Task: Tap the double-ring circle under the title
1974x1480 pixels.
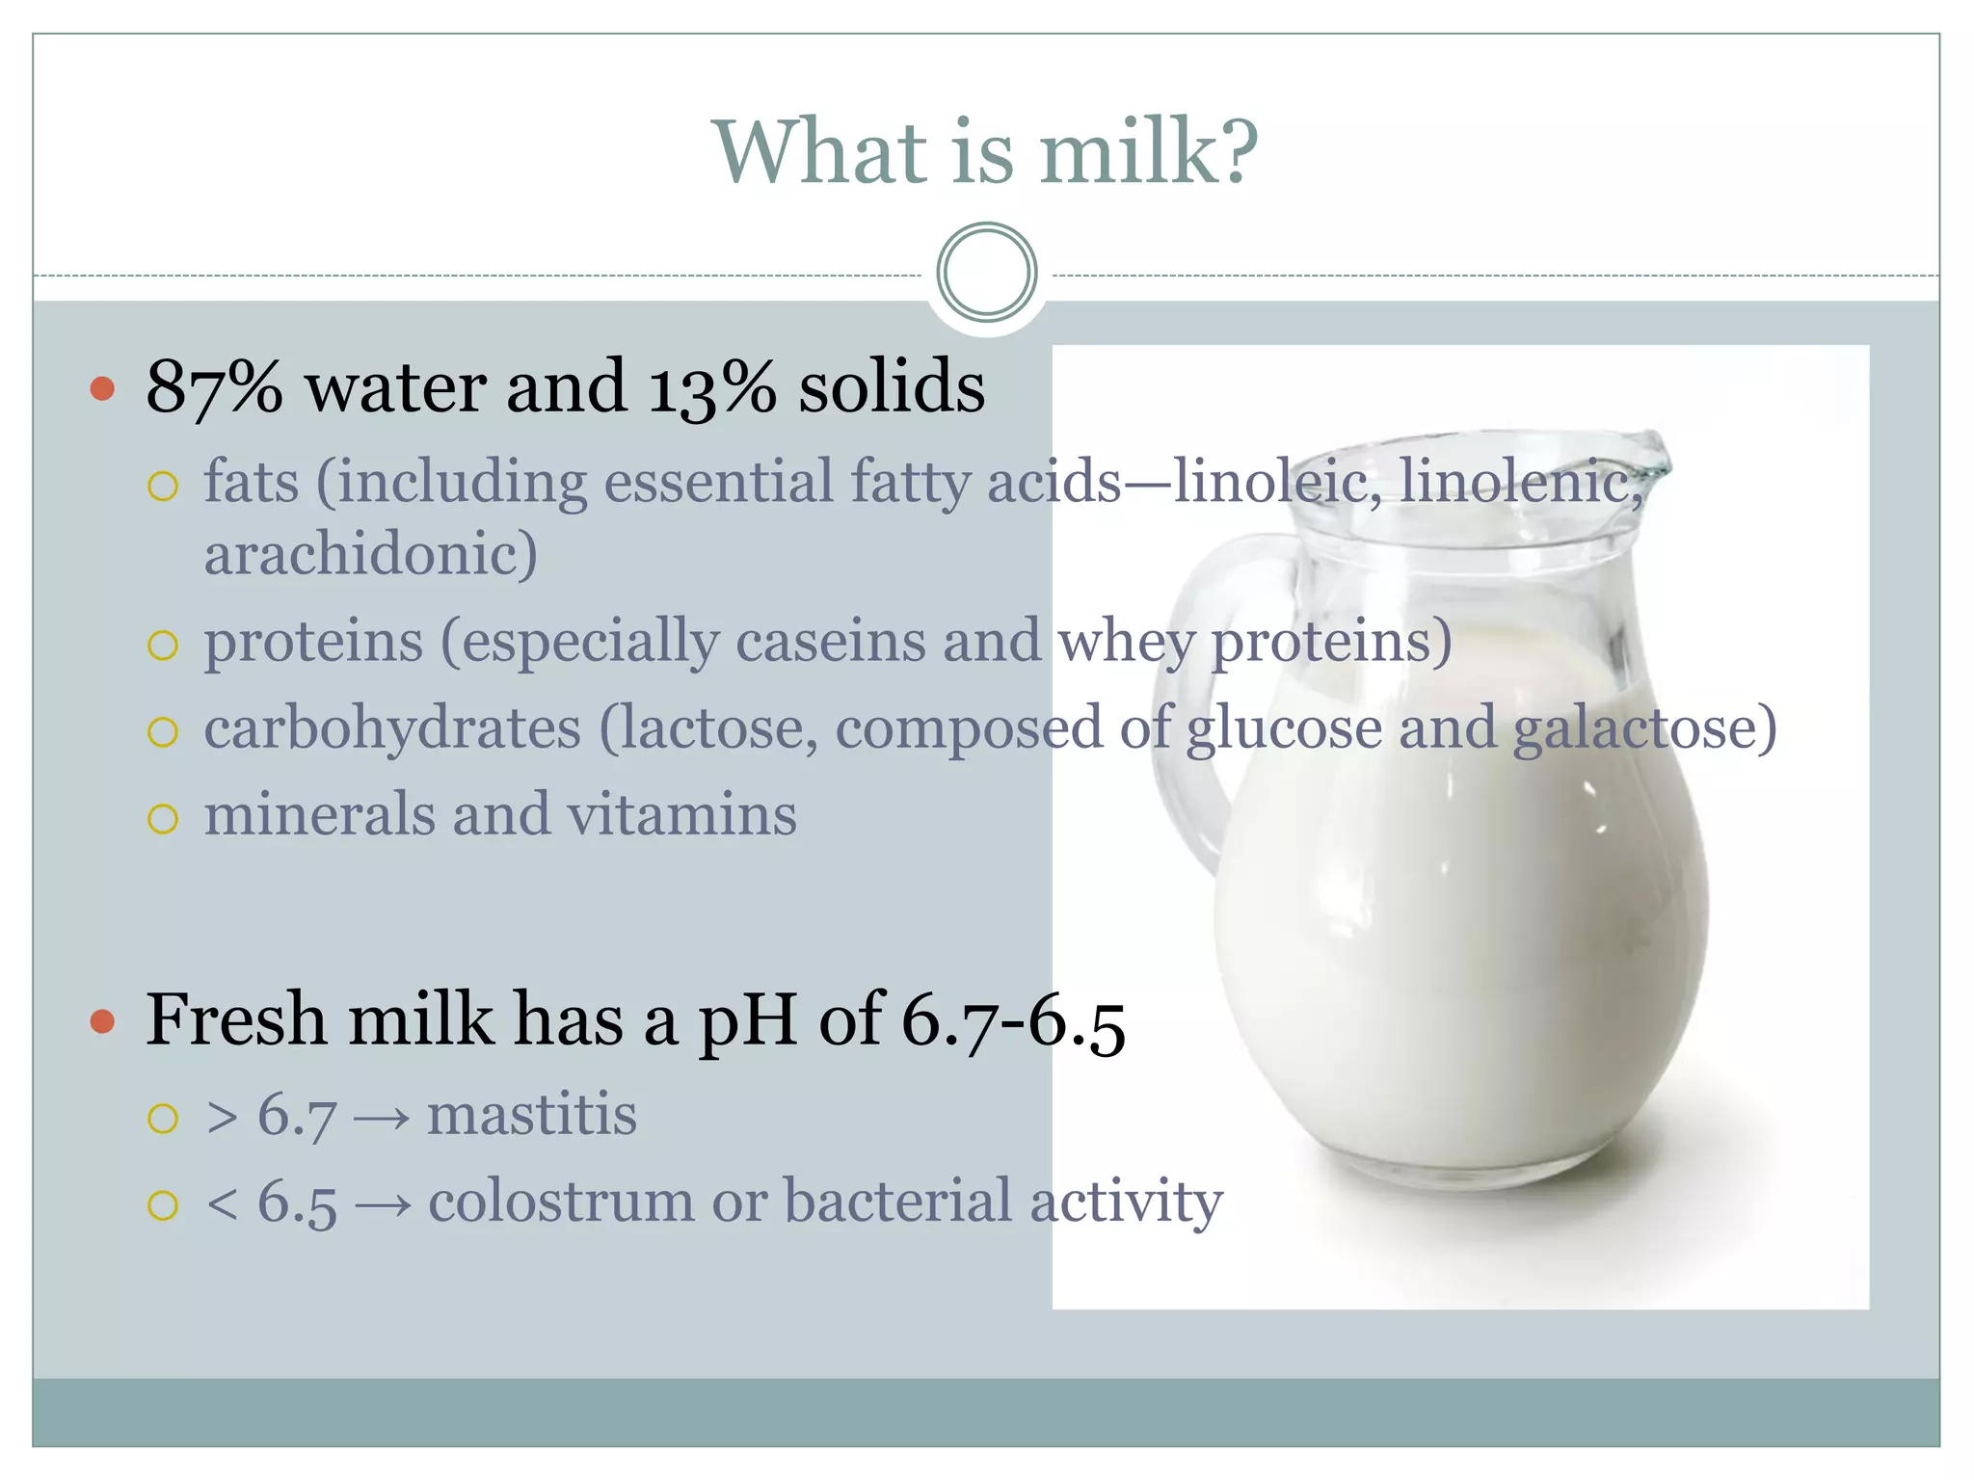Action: tap(986, 273)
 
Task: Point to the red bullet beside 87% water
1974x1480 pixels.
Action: tap(102, 389)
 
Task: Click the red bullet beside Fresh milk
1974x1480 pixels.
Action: tap(102, 1021)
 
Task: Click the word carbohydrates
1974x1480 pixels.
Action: tap(392, 728)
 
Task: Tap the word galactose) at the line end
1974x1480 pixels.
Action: tap(1644, 728)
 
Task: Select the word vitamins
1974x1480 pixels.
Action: tap(681, 815)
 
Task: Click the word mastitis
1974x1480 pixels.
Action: tap(532, 1116)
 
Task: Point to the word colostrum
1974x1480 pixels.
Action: tap(561, 1202)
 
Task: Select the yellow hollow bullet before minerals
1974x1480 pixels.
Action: tap(163, 819)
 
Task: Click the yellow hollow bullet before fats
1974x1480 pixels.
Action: tap(163, 486)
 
